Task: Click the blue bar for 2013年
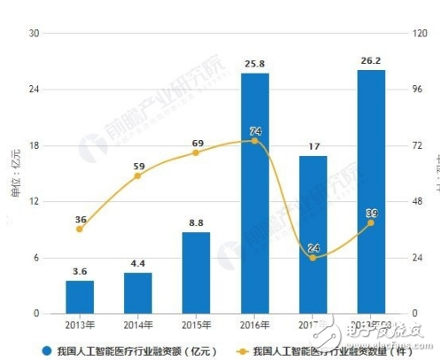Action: pyautogui.click(x=79, y=297)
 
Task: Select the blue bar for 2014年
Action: pyautogui.click(x=137, y=293)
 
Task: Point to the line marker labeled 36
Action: pyautogui.click(x=79, y=229)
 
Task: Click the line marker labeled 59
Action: pyautogui.click(x=137, y=176)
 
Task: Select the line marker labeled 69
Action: pyautogui.click(x=196, y=153)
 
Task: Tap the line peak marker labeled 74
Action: pyautogui.click(x=255, y=141)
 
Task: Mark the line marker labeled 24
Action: pyautogui.click(x=313, y=257)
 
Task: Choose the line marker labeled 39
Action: pyautogui.click(x=371, y=223)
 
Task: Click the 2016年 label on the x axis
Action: pyautogui.click(x=255, y=325)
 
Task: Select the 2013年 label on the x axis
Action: pyautogui.click(x=79, y=325)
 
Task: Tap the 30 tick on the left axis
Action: pyautogui.click(x=35, y=34)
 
